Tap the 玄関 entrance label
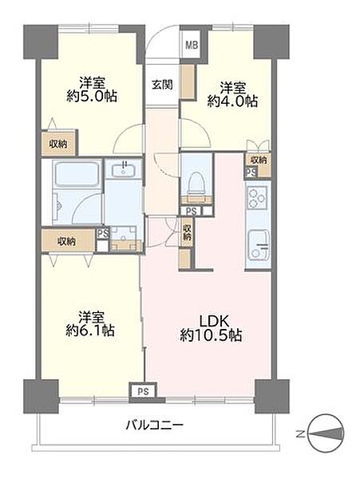click(163, 85)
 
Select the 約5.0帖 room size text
click(92, 97)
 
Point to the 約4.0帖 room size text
click(232, 101)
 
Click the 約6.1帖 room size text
click(90, 331)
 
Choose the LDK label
click(214, 321)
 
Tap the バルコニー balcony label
click(155, 425)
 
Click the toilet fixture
click(196, 183)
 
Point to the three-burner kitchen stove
click(257, 197)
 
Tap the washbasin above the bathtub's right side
click(123, 169)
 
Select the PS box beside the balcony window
click(143, 391)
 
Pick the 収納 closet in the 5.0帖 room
click(58, 144)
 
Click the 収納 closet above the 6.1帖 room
click(68, 241)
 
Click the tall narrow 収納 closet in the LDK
click(187, 232)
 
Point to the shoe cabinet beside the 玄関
click(188, 81)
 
